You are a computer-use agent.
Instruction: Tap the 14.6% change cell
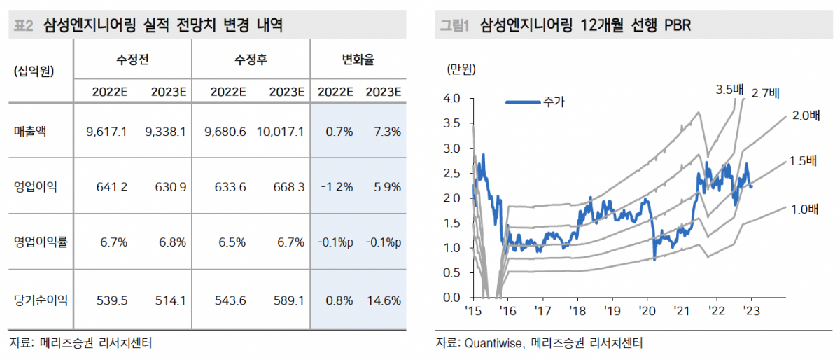(383, 301)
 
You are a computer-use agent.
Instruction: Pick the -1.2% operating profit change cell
(335, 188)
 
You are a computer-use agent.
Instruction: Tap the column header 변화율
(358, 60)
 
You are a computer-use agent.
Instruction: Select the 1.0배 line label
(804, 209)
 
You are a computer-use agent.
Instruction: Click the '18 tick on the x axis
(577, 311)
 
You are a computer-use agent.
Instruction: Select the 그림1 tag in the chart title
(454, 26)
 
